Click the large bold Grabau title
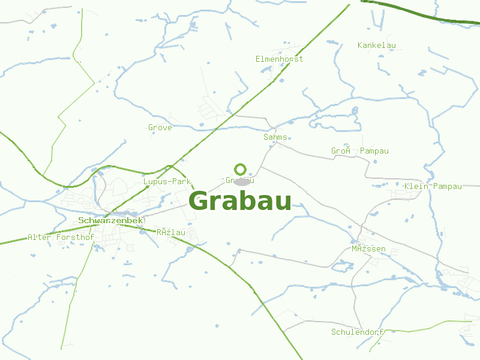click(x=240, y=201)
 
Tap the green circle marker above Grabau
click(x=241, y=169)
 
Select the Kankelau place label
click(x=377, y=46)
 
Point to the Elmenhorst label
click(x=280, y=59)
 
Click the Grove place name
click(x=160, y=128)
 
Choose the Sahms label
click(x=275, y=137)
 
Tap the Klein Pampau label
click(x=433, y=187)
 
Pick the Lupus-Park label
click(x=167, y=181)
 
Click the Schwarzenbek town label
click(x=111, y=221)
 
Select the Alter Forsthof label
click(x=61, y=238)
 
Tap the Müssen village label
click(x=368, y=248)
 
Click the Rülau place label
click(x=170, y=232)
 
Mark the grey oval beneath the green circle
click(x=242, y=181)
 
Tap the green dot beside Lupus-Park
click(x=148, y=187)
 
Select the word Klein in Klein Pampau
click(x=416, y=187)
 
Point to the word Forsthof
click(x=75, y=238)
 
